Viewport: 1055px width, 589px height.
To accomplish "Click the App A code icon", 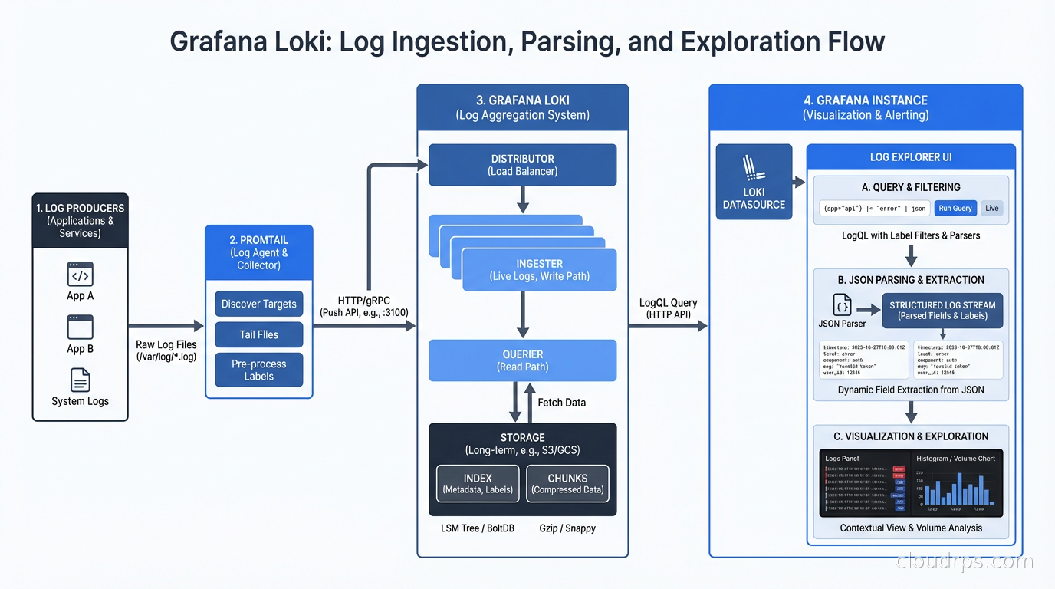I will pos(81,275).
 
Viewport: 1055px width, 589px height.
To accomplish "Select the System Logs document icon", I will pos(81,380).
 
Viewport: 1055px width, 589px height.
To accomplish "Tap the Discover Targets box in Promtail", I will pos(259,304).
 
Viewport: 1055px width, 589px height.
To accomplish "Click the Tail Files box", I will pos(259,334).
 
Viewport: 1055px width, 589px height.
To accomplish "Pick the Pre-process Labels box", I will pos(259,370).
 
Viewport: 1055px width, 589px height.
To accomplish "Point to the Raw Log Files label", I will pos(166,350).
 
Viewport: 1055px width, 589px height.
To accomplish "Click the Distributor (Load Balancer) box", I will pos(522,165).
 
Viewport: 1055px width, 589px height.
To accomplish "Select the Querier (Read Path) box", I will pos(522,360).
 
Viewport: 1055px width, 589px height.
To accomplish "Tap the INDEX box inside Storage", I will pos(478,484).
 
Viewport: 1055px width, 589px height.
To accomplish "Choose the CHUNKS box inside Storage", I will pos(567,484).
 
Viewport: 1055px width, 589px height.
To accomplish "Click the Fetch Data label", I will pos(561,403).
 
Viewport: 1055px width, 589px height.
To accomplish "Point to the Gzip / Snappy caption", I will pos(567,528).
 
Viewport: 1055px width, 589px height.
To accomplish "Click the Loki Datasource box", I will pos(754,182).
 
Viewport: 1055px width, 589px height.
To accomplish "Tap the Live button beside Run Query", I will pos(992,208).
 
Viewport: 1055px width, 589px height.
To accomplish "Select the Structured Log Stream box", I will pos(942,310).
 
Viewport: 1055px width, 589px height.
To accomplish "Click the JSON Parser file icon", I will pos(842,305).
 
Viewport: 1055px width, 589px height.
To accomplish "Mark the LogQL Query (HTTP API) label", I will pos(668,308).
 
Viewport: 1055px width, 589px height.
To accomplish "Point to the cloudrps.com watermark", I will pos(965,561).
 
